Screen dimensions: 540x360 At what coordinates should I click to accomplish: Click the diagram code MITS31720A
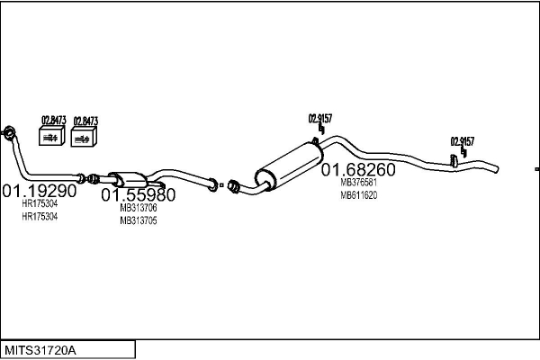tap(40, 350)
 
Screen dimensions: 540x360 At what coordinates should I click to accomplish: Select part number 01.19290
tap(40, 191)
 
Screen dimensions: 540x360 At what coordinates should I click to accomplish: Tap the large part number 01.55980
tap(138, 195)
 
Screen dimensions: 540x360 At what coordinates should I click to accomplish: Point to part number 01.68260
tap(358, 169)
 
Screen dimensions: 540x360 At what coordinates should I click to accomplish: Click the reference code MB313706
tap(139, 208)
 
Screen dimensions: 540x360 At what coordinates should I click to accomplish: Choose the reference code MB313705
tap(139, 220)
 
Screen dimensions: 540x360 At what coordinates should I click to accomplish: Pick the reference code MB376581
tap(358, 182)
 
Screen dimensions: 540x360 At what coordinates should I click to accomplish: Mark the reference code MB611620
tap(358, 195)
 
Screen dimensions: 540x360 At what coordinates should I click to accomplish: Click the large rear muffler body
tap(289, 165)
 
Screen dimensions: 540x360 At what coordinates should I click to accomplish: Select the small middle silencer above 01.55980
tap(130, 179)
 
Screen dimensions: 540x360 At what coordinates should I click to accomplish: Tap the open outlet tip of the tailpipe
tap(496, 169)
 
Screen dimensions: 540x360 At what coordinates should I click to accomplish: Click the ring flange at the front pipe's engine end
tap(10, 133)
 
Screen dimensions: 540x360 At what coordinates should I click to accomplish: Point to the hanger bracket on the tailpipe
tap(454, 161)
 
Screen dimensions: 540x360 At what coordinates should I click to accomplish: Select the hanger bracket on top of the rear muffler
tap(316, 140)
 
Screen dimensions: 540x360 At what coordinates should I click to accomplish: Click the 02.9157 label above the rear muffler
tap(319, 119)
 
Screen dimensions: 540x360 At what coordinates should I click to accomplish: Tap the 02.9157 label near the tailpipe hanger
tap(463, 141)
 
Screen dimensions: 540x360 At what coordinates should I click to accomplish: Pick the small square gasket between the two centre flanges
tap(221, 185)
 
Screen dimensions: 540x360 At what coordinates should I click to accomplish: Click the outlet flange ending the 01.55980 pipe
tap(212, 184)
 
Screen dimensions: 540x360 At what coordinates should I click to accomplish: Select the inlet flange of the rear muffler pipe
tap(233, 185)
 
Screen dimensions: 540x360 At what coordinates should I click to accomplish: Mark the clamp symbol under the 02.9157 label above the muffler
tap(321, 129)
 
